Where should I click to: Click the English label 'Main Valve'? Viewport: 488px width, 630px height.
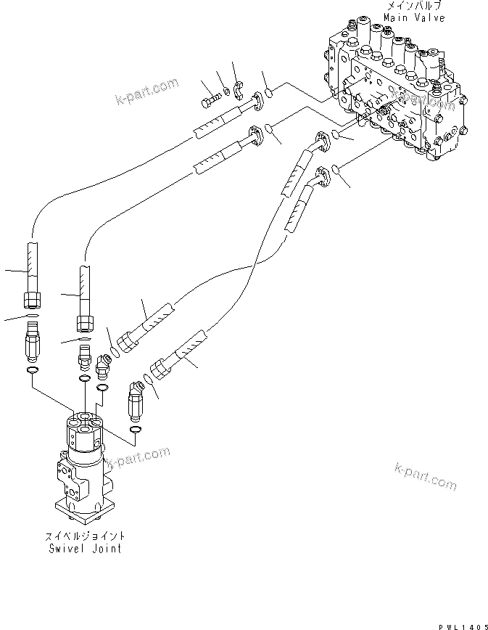click(x=415, y=17)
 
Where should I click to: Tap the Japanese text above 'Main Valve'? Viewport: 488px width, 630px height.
click(x=415, y=7)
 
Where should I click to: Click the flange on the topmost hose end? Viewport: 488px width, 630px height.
click(x=257, y=103)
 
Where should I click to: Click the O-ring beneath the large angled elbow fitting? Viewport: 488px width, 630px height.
click(x=134, y=431)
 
